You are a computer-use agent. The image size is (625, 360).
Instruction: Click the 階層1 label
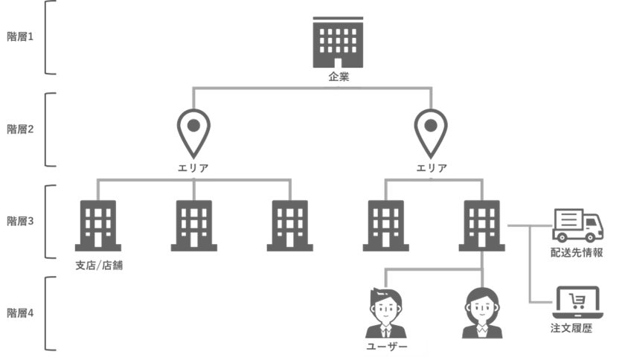20,37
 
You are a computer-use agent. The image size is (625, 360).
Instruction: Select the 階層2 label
20,129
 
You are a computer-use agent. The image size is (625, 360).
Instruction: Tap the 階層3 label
20,221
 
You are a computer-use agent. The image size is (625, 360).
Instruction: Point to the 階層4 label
20,313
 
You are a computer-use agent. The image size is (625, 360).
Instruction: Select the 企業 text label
339,77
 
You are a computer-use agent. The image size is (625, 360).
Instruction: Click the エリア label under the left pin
193,168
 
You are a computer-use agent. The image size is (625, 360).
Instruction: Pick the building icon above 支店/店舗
97,225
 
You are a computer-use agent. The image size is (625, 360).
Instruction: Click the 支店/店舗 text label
99,265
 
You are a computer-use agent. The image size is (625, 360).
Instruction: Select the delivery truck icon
577,225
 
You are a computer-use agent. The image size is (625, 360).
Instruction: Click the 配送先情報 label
577,253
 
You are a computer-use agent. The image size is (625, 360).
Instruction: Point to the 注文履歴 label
577,328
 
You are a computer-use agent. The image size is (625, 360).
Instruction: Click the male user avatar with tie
385,312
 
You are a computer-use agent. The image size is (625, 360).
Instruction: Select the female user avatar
481,312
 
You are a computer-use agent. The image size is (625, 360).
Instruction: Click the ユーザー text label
385,347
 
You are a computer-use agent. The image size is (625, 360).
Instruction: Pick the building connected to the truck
481,225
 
